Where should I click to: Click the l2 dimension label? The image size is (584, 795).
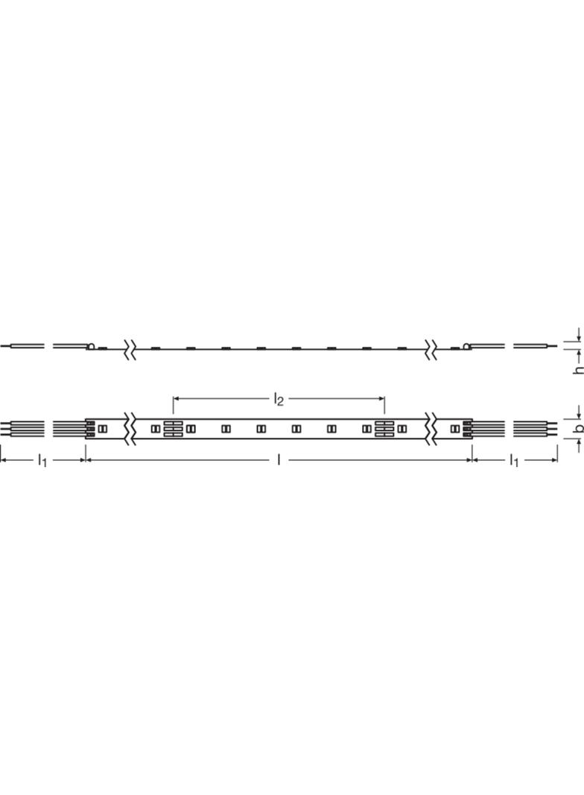279,400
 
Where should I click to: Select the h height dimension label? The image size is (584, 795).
578,370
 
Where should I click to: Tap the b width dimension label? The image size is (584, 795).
578,428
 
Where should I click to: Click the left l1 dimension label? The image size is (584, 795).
42,461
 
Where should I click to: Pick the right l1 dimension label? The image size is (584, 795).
514,461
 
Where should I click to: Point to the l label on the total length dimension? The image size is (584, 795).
279,460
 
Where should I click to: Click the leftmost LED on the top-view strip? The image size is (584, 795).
103,429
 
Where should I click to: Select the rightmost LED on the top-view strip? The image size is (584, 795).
456,429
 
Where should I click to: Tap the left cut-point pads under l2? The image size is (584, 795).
174,429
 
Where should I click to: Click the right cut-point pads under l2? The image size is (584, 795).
384,429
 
